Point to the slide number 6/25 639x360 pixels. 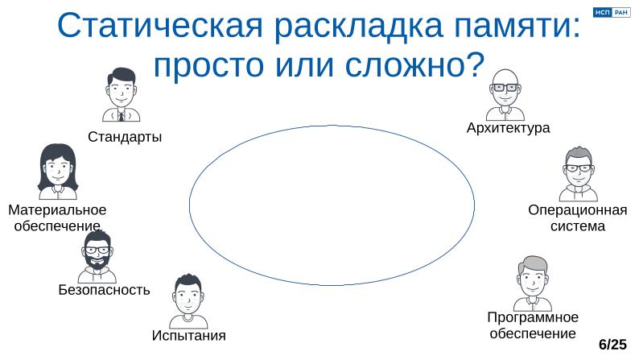point(612,345)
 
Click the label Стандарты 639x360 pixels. point(125,137)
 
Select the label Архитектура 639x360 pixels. point(508,128)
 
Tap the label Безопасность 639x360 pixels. point(104,290)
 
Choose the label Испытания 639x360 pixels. point(188,335)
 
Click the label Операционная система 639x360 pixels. point(577,218)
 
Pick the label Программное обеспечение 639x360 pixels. point(533,325)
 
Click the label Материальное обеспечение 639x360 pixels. point(57,218)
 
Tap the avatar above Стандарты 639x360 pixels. point(122,95)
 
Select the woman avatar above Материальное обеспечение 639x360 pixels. point(57,171)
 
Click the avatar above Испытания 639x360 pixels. point(188,301)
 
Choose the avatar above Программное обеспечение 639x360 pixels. point(532,283)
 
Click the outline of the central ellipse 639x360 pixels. point(190,204)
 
